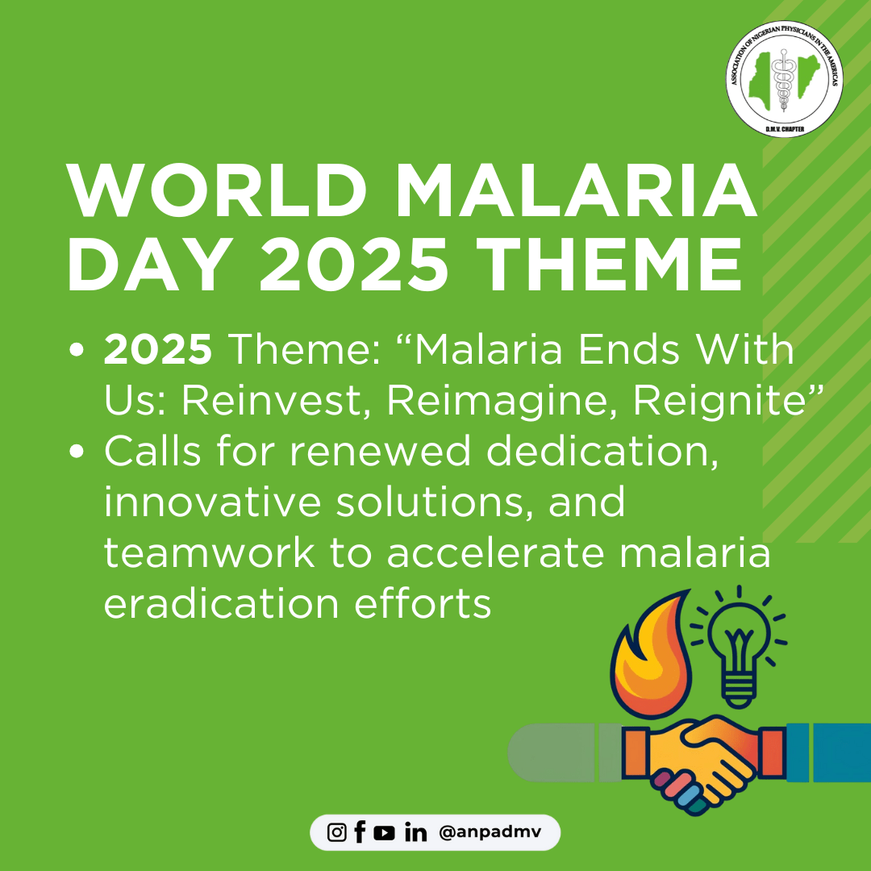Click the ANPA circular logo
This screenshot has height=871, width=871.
(785, 79)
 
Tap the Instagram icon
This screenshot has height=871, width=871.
(336, 832)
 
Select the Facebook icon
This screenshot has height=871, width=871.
(360, 832)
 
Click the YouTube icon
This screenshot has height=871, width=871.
(384, 832)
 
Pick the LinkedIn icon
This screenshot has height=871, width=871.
(415, 832)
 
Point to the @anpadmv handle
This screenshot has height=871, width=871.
(490, 832)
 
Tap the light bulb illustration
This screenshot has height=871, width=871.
(738, 647)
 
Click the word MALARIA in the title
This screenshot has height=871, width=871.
(575, 191)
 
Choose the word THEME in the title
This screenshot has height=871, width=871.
(608, 263)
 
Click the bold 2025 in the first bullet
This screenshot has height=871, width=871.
(158, 350)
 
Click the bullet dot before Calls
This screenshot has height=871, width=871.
(77, 451)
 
